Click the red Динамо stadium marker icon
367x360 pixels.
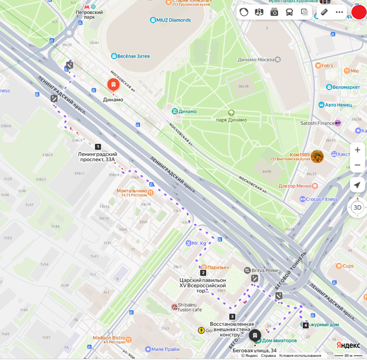coord(112,85)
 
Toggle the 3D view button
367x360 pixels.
coord(357,207)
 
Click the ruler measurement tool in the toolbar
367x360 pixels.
coord(324,12)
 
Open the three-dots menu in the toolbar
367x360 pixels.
coord(339,12)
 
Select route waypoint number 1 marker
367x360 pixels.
coord(98,146)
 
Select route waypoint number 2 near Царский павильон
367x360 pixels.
coord(203,273)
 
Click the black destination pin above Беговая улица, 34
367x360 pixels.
coord(255,336)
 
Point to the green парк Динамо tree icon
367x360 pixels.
coord(232,113)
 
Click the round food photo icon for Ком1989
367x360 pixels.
coord(317,156)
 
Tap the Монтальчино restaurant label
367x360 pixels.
coord(131,191)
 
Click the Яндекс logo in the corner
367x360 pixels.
coord(348,345)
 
